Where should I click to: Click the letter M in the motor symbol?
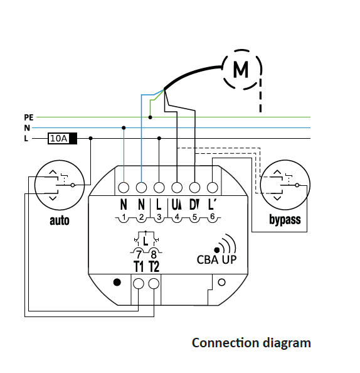coord(241,69)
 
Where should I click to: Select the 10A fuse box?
coord(62,138)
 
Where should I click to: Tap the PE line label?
coord(29,117)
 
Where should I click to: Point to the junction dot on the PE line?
coord(150,117)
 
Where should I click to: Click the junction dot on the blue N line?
coord(124,127)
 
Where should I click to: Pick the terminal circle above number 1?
coord(124,188)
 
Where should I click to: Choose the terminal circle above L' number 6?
coord(212,188)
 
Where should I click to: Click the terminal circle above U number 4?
coord(177,188)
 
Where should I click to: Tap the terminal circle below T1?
coord(139,284)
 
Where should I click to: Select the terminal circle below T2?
coord(154,284)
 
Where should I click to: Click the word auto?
coord(60,220)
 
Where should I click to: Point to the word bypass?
coord(285,220)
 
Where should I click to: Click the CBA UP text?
coord(217,259)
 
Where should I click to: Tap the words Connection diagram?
coord(251,343)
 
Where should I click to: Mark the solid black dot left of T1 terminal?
coord(117,283)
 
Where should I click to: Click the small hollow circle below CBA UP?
coord(221,283)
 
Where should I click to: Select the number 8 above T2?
coord(154,254)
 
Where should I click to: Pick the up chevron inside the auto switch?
coord(53,172)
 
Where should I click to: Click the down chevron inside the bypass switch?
coord(277,198)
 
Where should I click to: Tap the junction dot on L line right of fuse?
coord(90,138)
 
